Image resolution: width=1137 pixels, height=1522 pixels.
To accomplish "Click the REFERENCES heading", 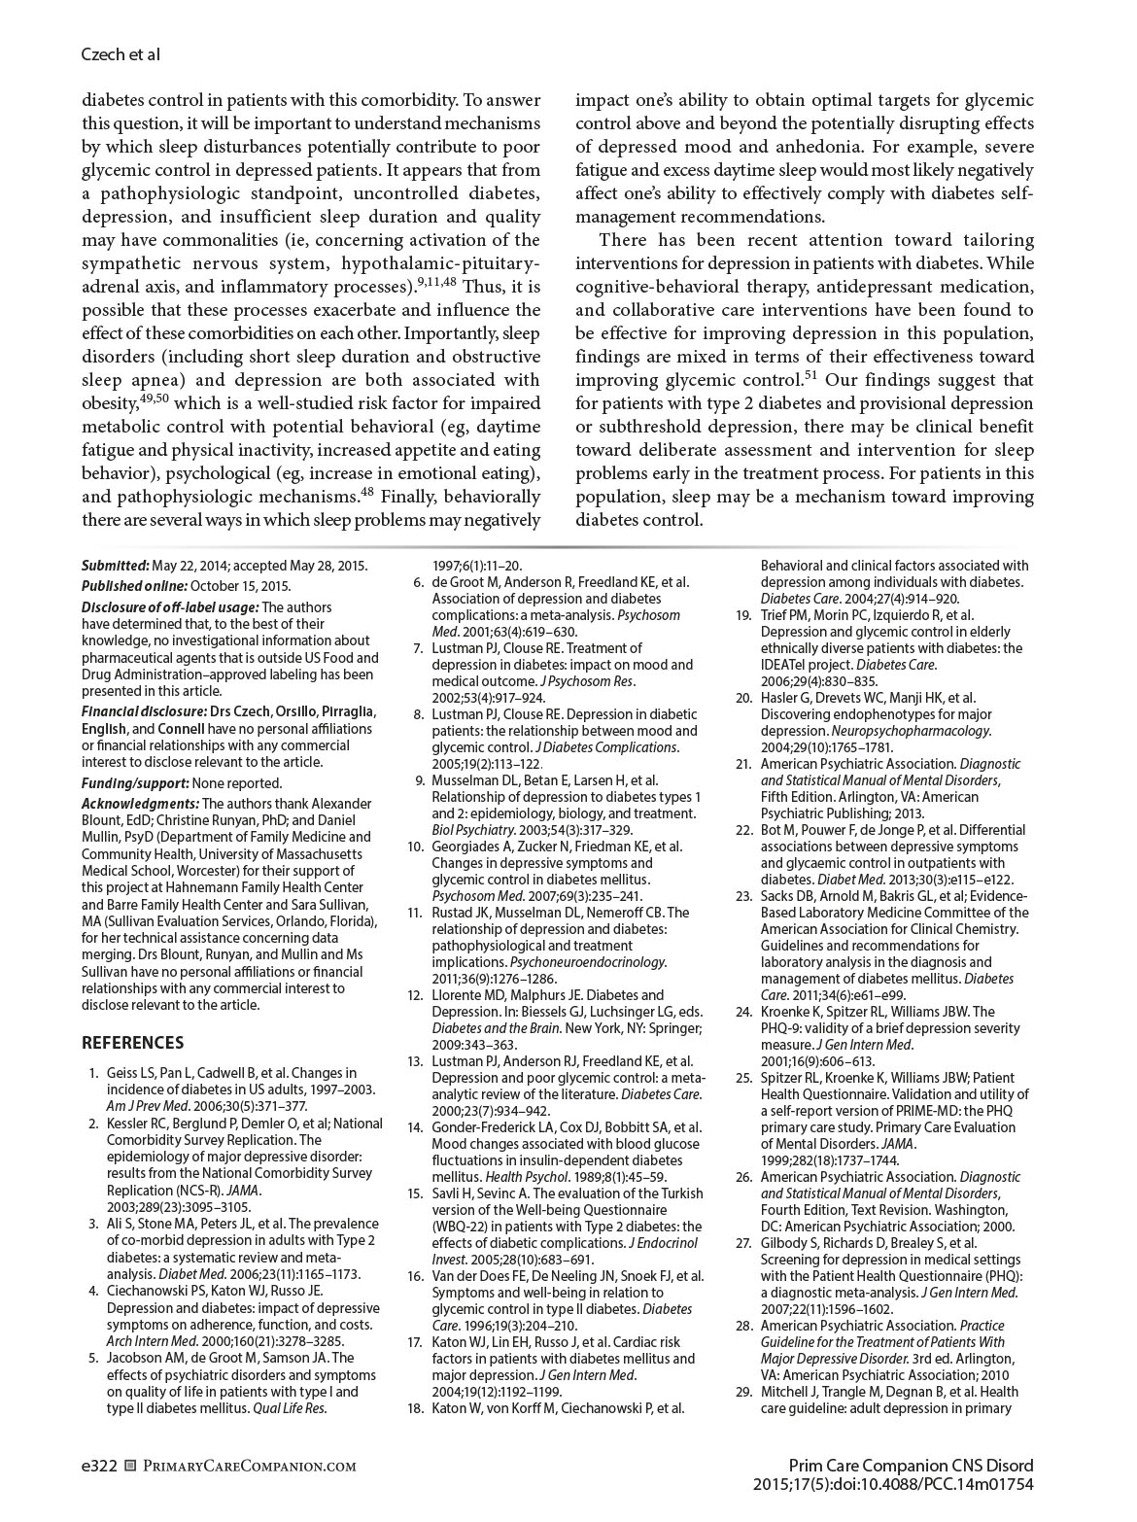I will pyautogui.click(x=132, y=1043).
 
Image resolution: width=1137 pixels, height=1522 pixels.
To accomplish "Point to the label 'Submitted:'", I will pyautogui.click(x=116, y=565).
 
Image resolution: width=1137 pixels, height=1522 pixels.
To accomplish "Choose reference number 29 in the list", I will pyautogui.click(x=743, y=1392).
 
